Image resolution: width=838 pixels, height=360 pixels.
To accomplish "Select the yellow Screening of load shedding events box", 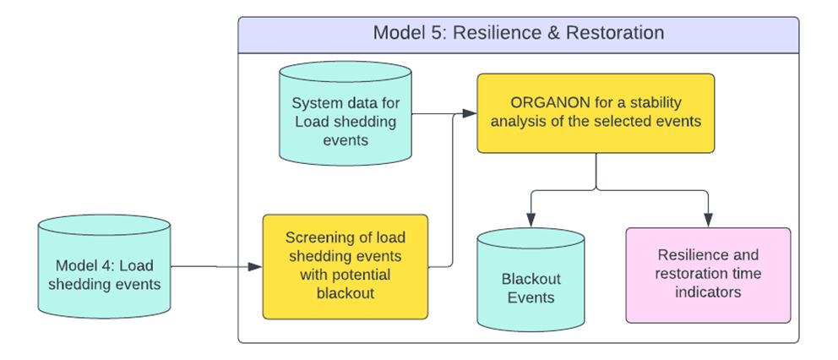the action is [346, 266].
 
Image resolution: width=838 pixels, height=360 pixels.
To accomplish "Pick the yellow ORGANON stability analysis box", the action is [596, 113].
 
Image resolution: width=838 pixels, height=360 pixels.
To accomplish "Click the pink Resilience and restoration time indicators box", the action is [708, 275].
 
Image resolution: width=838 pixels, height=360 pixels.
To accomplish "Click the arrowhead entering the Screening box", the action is [255, 267].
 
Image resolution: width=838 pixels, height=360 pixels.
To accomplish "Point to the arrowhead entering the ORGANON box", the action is [471, 113].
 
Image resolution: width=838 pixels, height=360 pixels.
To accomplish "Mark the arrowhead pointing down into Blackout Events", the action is [531, 221].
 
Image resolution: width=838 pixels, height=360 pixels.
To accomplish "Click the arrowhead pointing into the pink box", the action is [709, 221].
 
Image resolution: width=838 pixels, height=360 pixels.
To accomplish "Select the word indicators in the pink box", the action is [708, 293].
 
